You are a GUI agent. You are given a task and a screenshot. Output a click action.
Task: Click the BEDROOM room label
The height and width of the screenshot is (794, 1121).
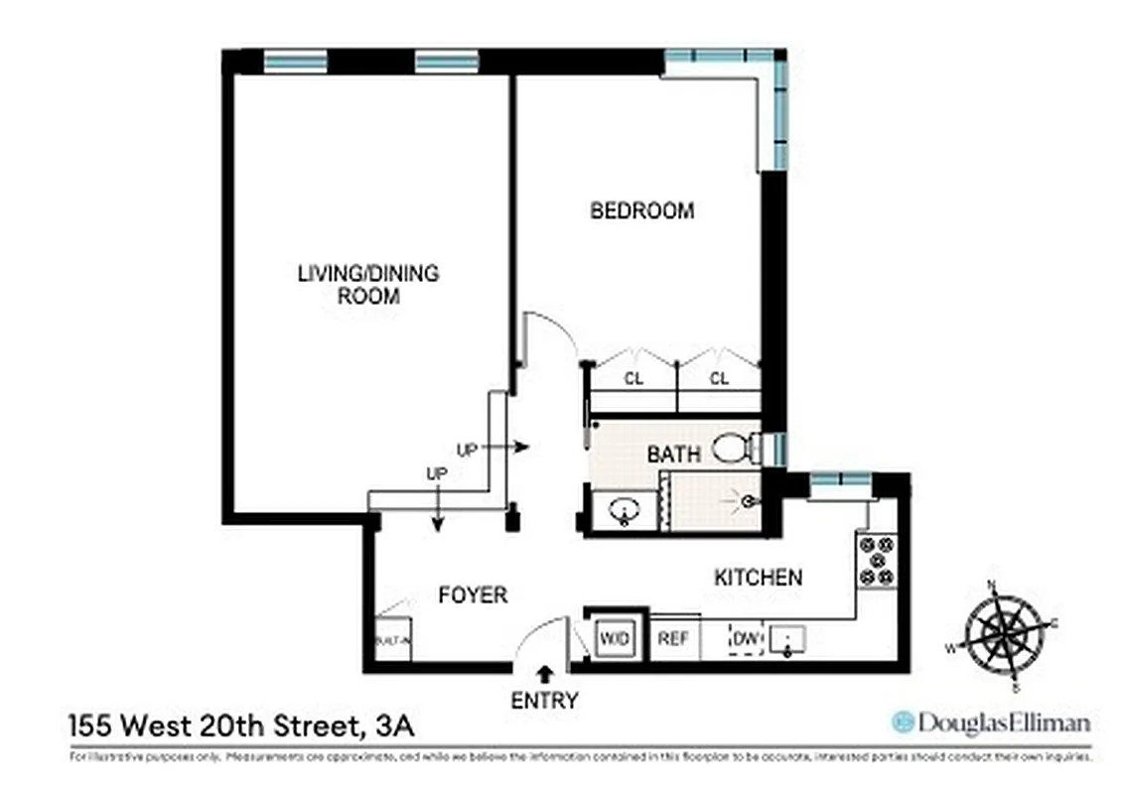[641, 210]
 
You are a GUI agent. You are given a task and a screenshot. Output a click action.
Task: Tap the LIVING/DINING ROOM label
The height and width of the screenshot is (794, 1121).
[367, 284]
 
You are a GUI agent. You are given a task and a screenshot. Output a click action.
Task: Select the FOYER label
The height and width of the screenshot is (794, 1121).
[473, 595]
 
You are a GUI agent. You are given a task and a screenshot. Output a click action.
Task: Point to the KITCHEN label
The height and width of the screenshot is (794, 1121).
[758, 577]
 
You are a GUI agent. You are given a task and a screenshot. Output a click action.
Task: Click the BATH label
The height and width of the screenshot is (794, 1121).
[673, 455]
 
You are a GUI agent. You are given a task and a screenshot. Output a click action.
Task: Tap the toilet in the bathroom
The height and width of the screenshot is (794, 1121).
[736, 449]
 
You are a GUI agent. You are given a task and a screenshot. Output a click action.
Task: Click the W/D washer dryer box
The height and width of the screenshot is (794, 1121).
[614, 638]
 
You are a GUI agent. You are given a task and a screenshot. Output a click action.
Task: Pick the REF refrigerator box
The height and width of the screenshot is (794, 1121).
[675, 638]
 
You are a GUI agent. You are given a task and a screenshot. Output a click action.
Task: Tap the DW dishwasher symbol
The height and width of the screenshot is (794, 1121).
[745, 638]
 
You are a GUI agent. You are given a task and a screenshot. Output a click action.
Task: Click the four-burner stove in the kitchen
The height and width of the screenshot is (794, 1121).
[877, 561]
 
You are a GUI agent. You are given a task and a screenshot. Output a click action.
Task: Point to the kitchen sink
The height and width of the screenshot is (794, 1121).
[785, 640]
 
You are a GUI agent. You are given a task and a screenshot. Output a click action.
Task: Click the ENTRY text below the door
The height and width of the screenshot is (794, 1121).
[544, 700]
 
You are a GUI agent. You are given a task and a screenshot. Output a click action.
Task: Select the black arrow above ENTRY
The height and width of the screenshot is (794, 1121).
[544, 675]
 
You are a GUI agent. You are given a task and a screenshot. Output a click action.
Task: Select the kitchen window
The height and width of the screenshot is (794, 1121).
[840, 481]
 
